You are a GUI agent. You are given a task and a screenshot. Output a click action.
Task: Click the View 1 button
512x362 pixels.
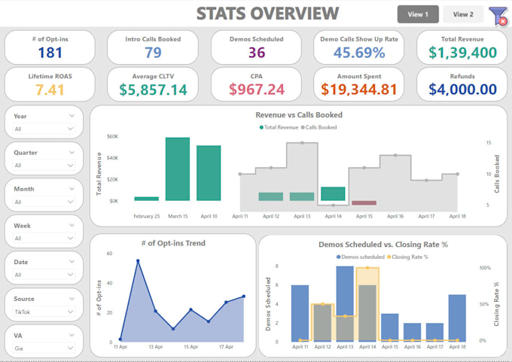[x=417, y=14]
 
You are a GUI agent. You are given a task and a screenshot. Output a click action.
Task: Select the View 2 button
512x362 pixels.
[x=462, y=14]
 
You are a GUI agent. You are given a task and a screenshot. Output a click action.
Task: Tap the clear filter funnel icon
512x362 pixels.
[x=497, y=16]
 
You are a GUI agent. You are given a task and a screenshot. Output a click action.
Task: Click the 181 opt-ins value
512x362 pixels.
[x=50, y=53]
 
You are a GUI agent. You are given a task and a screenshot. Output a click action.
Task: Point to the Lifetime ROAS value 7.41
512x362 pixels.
[x=50, y=90]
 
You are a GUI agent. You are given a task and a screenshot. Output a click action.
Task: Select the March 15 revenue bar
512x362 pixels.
[x=178, y=169]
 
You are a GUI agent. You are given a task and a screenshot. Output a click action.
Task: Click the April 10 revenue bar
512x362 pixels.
[x=209, y=173]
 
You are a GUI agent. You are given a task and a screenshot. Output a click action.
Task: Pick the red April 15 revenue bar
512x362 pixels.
[x=364, y=202]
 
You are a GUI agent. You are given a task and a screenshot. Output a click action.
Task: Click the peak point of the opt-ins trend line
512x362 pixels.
[x=138, y=261]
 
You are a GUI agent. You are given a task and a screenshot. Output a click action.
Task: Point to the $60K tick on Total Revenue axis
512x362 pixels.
[x=112, y=137]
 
